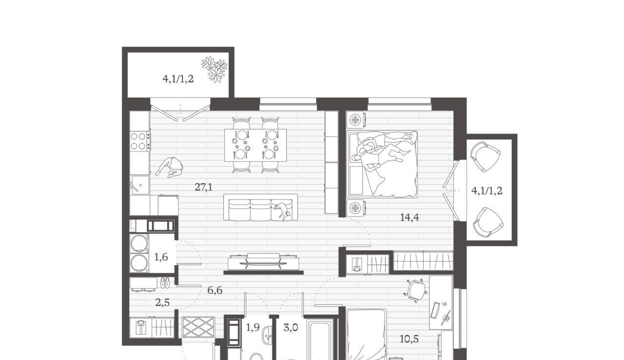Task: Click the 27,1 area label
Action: (203, 188)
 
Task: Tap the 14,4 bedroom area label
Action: (409, 217)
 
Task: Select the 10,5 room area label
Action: (409, 339)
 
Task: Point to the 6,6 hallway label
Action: (215, 290)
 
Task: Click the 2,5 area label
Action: (162, 303)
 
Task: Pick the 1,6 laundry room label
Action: (161, 257)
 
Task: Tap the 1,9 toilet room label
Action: (253, 328)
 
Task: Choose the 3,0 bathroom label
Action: (291, 328)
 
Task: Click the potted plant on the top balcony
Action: (214, 69)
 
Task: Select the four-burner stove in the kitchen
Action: (140, 141)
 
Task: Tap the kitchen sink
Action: (140, 185)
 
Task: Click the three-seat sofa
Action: (260, 208)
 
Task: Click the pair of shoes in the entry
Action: (165, 283)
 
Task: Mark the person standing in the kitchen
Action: (170, 167)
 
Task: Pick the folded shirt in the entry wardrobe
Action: (141, 327)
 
